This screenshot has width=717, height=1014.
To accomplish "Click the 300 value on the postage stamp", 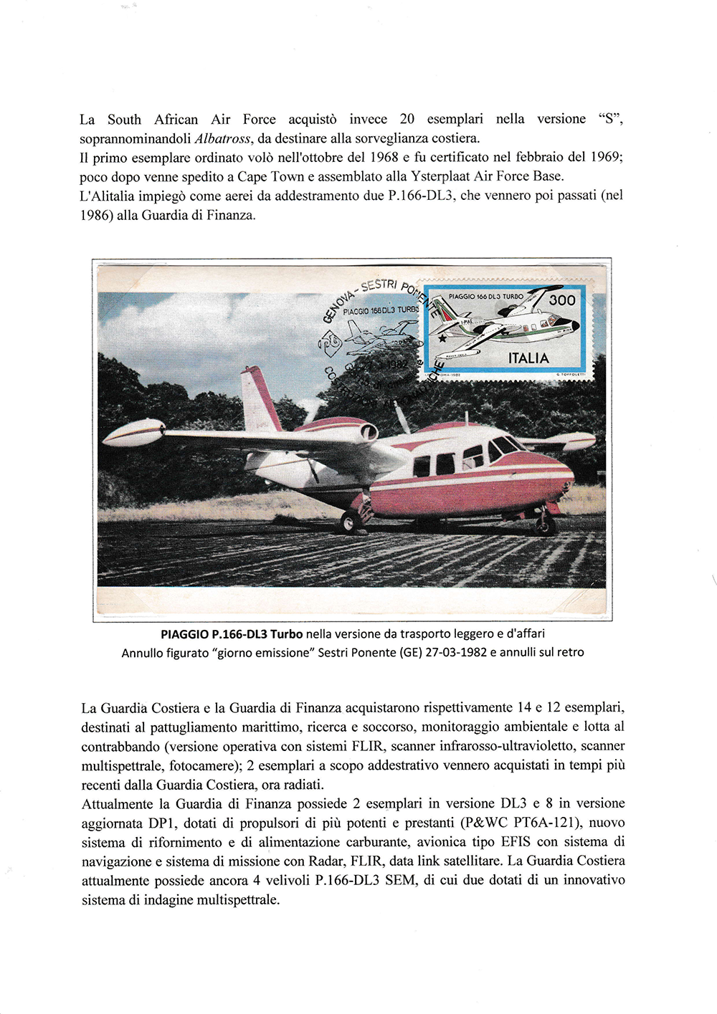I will pos(561,300).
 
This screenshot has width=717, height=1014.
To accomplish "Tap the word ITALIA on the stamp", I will pos(528,358).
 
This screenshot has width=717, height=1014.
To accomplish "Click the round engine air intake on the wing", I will pos(368,431).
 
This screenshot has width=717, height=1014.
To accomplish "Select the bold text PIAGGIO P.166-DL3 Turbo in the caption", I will pos(232,633).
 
